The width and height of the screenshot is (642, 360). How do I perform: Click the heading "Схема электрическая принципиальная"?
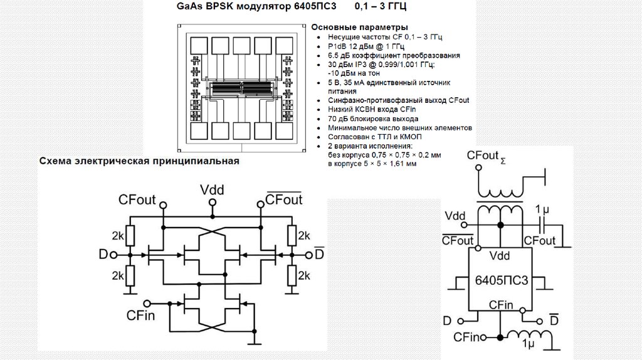point(140,161)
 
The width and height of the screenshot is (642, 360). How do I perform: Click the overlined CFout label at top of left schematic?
point(284,199)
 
